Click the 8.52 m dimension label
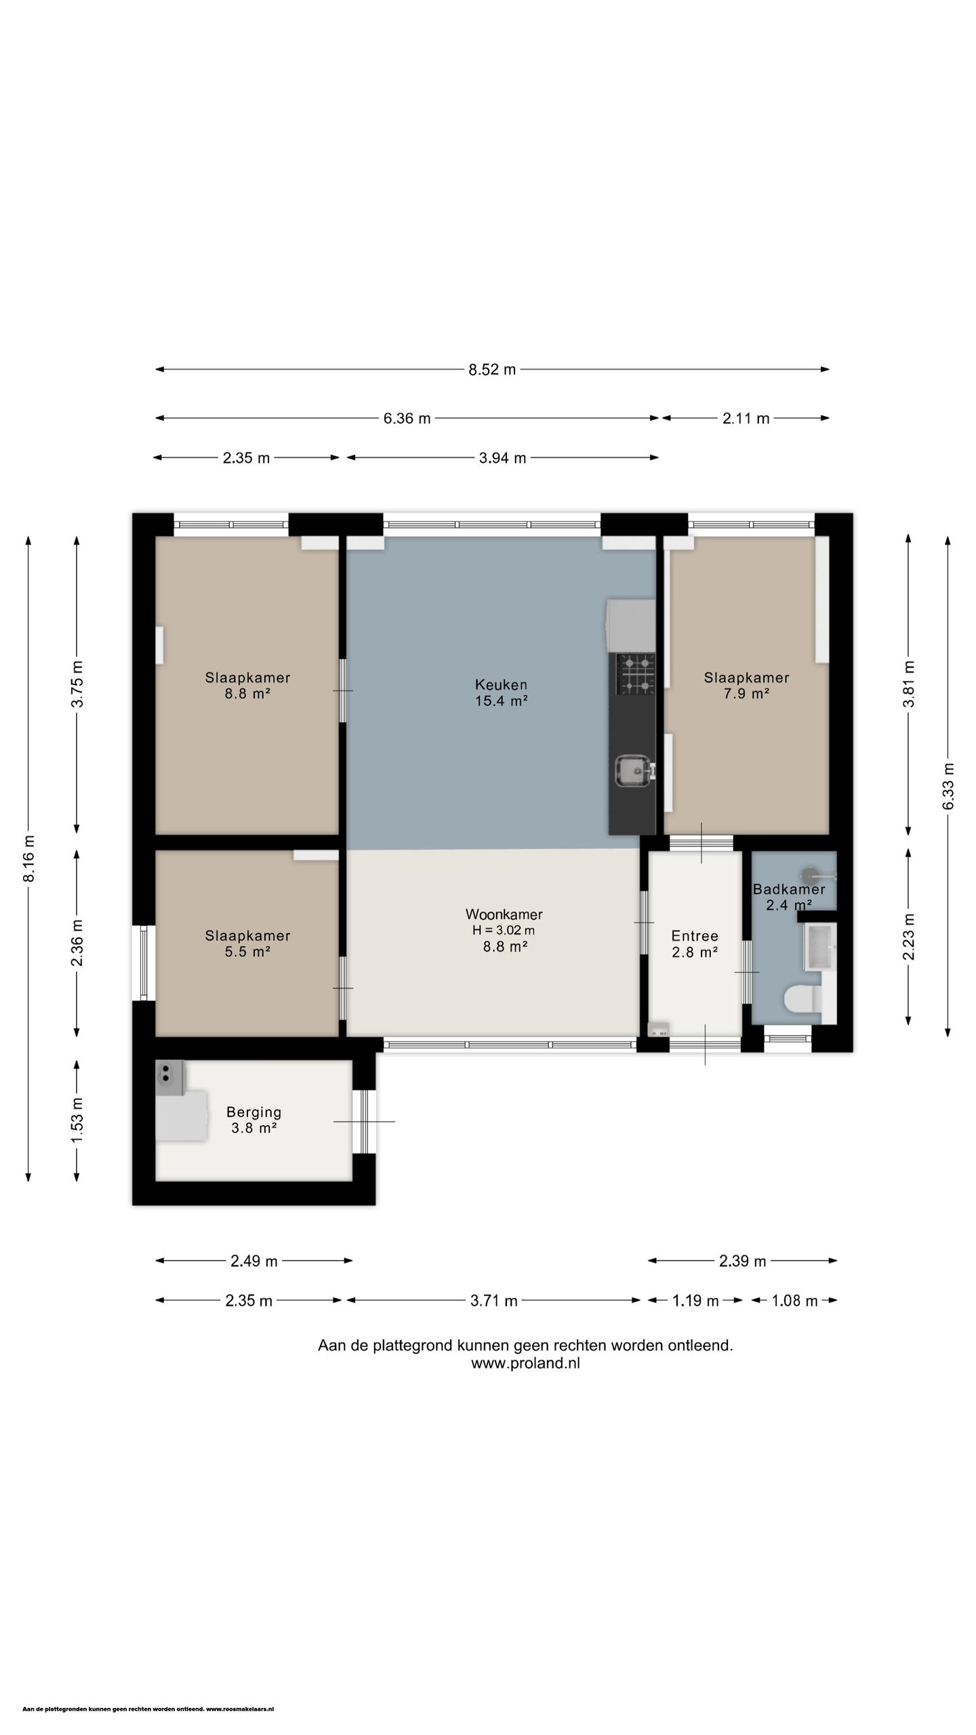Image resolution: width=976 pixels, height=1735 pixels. click(492, 369)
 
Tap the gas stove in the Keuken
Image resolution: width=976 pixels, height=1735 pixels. click(635, 674)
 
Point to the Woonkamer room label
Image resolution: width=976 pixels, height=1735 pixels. click(504, 914)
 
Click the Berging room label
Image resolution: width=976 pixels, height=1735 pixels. click(253, 1112)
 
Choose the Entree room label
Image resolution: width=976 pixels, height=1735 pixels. click(695, 936)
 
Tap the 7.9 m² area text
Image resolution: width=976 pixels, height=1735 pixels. click(746, 693)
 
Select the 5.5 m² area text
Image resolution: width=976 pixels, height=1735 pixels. click(248, 952)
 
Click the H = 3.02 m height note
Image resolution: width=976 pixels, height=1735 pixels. click(504, 931)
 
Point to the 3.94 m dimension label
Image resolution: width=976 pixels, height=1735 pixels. click(502, 458)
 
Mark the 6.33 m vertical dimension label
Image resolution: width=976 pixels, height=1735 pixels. click(948, 786)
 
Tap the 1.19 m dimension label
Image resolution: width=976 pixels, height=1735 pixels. click(695, 1301)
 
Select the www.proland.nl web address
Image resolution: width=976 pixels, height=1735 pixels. click(525, 1364)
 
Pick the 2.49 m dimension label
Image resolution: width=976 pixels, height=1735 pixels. click(254, 1261)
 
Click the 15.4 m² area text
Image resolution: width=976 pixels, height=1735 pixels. click(502, 701)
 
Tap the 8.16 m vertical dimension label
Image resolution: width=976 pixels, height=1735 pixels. click(28, 859)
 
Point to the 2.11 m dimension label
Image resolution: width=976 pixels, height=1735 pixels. click(746, 419)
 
